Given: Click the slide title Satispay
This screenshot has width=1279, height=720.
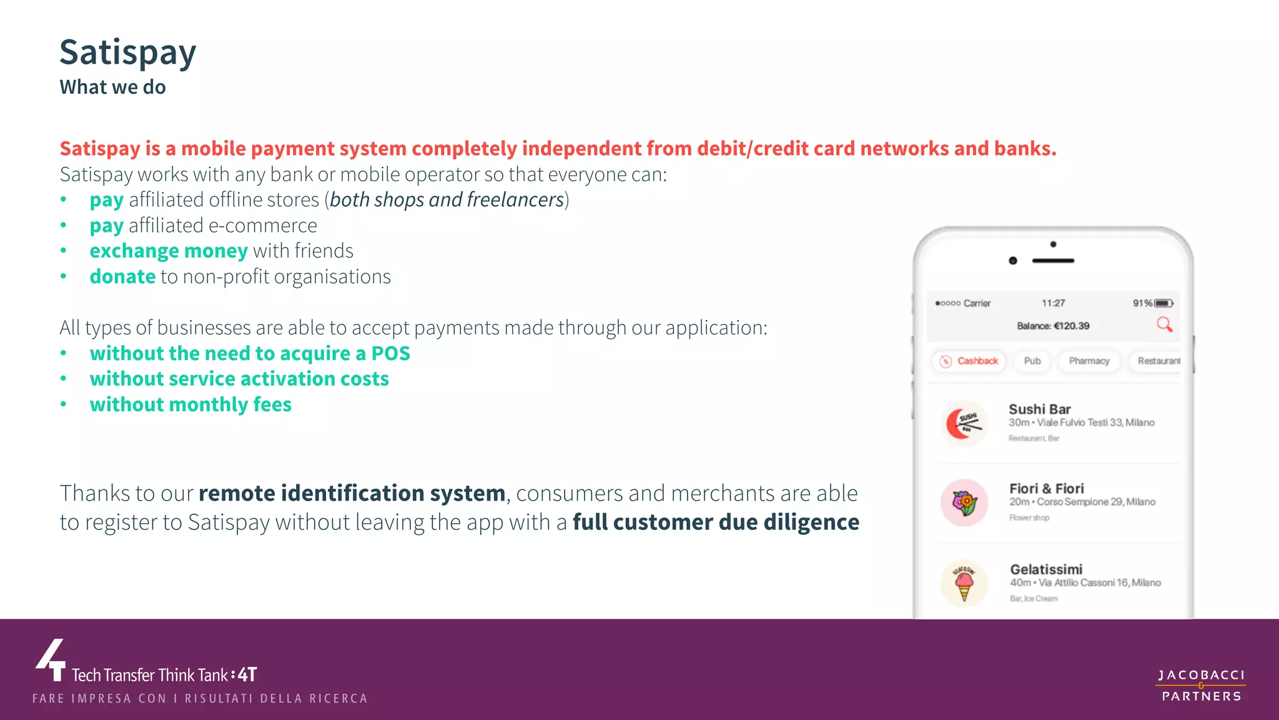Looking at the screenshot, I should [x=128, y=52].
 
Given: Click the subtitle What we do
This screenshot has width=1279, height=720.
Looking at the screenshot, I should [x=112, y=87].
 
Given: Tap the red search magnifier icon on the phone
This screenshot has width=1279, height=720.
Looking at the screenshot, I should [x=1164, y=324].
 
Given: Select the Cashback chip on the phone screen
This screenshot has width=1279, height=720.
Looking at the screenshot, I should [x=969, y=361].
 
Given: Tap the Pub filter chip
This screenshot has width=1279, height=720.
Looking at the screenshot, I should [x=1032, y=361].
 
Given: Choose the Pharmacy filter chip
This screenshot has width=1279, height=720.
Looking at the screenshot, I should [x=1089, y=361].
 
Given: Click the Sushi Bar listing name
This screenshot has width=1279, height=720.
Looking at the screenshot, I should [x=1040, y=409].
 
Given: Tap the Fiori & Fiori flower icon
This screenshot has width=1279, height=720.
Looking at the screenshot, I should [x=964, y=502].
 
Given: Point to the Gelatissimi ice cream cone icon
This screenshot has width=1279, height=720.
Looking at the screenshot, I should [x=964, y=582].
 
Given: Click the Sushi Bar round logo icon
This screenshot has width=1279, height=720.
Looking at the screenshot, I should [x=964, y=423].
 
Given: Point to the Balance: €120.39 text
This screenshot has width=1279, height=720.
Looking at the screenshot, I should [x=1053, y=326].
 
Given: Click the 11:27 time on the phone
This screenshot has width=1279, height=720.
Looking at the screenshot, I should [x=1053, y=303].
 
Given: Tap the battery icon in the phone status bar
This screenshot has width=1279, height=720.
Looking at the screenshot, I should [x=1163, y=303].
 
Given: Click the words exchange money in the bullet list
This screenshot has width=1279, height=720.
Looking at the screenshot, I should [x=169, y=251].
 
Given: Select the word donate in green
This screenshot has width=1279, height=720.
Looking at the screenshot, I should [x=122, y=277].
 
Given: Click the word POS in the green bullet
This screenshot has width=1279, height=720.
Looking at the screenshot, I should [x=391, y=354].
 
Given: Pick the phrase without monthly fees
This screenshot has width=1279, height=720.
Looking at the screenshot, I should [x=190, y=405].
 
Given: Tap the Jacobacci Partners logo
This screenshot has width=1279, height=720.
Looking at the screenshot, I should [x=1201, y=686].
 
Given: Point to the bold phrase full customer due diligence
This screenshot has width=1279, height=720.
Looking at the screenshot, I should [x=716, y=522].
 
